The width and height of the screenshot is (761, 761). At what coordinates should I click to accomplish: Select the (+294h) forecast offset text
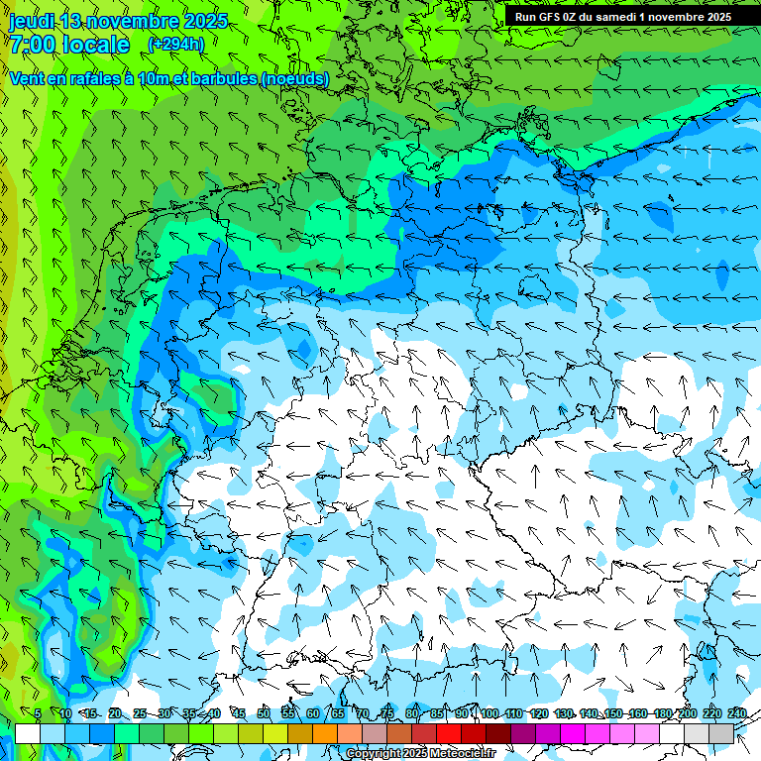(x=175, y=44)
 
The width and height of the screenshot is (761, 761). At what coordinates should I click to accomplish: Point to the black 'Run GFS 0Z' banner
(x=622, y=16)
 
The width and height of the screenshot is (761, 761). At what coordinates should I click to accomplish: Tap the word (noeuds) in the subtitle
(x=294, y=78)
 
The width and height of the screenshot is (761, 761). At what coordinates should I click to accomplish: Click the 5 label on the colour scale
(x=38, y=714)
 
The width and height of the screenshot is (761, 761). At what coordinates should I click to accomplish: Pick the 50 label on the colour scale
(x=264, y=714)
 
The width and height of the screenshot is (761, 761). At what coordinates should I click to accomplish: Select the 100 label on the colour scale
(x=489, y=714)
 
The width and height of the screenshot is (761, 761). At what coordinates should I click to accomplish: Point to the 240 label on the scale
(x=738, y=714)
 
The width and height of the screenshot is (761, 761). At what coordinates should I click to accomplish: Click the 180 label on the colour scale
(x=662, y=714)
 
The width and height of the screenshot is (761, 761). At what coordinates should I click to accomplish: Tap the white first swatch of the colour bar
(x=28, y=734)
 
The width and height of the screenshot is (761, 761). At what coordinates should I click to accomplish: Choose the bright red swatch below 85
(x=449, y=734)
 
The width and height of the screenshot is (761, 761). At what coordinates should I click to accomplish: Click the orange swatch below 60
(x=325, y=734)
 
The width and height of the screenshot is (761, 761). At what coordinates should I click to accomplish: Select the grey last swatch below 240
(x=721, y=734)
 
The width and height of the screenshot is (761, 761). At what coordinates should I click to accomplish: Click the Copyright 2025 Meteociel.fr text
(x=420, y=753)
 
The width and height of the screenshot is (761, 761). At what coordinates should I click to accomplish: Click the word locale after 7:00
(x=94, y=45)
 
